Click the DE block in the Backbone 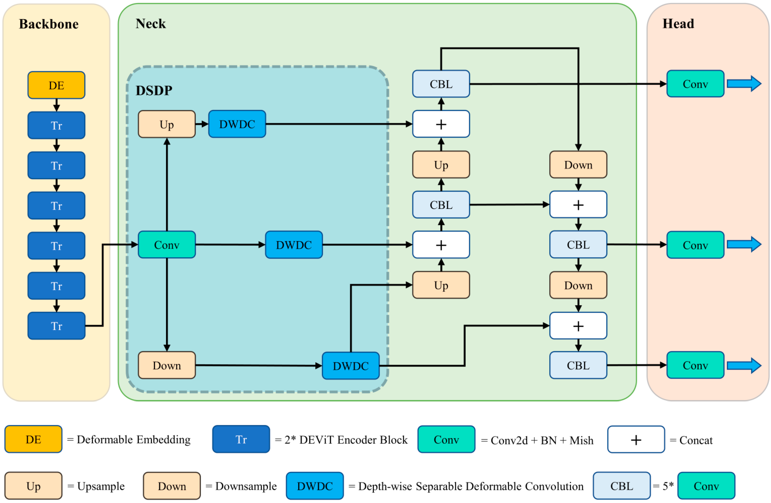(x=56, y=85)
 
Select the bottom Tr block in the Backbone (x=56, y=326)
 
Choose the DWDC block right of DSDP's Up (x=237, y=124)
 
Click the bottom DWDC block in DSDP (x=351, y=366)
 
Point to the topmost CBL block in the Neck (x=441, y=84)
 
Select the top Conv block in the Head (x=695, y=84)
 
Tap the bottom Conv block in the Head (x=695, y=365)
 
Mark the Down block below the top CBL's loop (x=578, y=165)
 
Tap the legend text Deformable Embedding (x=133, y=439)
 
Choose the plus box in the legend (x=636, y=439)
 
